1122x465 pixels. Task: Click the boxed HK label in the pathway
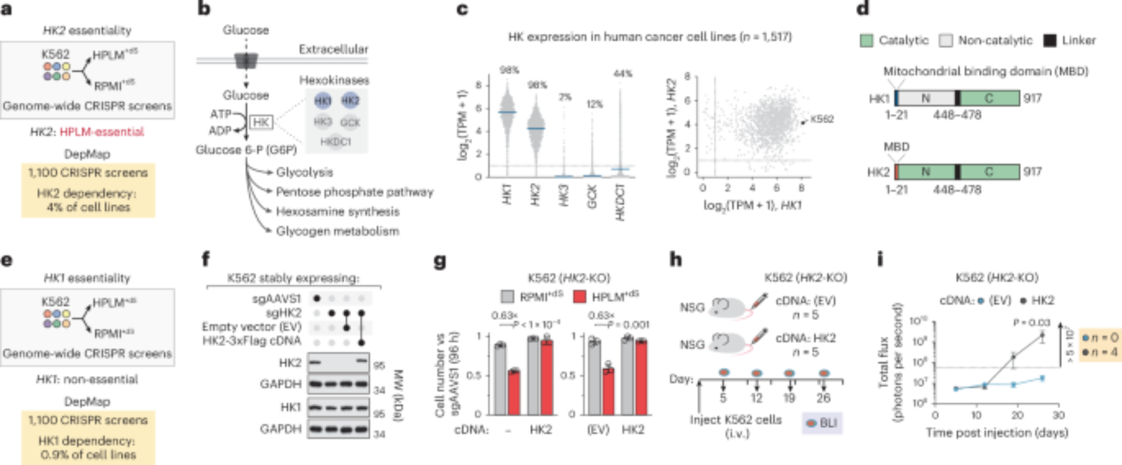tap(260, 122)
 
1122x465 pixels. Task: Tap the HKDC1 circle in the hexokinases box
tap(335, 142)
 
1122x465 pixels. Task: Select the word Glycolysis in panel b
tap(304, 172)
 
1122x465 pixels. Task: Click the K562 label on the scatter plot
tap(822, 119)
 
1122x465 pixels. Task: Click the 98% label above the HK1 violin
tap(509, 70)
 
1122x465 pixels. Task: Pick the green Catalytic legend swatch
tap(866, 40)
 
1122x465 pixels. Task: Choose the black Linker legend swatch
tap(1049, 40)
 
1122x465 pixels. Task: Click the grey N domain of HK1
tap(926, 98)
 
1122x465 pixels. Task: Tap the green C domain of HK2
tap(989, 172)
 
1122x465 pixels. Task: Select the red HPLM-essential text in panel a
tap(102, 132)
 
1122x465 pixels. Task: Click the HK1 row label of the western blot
tap(291, 407)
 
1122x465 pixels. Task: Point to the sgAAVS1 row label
tap(277, 299)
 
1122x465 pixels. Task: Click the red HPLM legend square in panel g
tap(580, 296)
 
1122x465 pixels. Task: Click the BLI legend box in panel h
tap(822, 422)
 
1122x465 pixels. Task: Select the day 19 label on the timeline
tap(789, 398)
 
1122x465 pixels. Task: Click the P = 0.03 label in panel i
tap(1031, 323)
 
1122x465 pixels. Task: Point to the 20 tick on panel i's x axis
tap(1017, 415)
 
